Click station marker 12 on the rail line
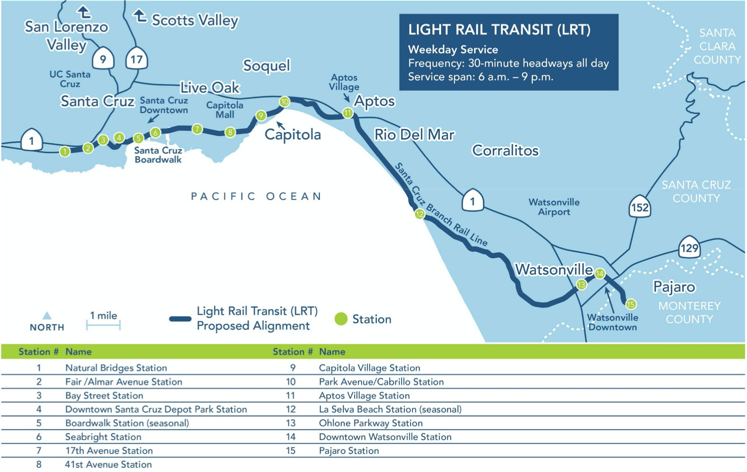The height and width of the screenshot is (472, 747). coord(419,214)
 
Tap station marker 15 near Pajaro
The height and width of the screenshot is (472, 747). coord(631,304)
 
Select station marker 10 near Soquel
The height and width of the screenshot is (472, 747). coord(284,102)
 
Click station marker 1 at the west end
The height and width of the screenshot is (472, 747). coord(65,151)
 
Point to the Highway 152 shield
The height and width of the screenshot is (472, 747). coord(639,207)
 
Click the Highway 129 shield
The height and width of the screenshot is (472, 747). coord(689,248)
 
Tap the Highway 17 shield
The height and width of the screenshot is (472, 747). coord(136,59)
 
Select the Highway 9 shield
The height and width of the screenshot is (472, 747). coord(103,59)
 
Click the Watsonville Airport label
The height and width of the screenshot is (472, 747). coord(554,207)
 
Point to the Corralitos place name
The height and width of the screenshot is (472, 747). coord(505,151)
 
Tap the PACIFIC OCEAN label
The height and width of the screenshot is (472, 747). coord(256,196)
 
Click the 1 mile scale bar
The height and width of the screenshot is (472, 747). coord(103,325)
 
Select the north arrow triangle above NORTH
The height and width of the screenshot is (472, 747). coord(47,316)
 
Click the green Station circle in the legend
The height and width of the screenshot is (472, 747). coord(341,319)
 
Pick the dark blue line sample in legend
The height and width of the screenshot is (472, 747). coord(180,319)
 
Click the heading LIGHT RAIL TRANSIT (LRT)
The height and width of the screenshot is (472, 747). coord(499,30)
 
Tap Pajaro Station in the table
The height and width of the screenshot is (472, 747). coord(349,451)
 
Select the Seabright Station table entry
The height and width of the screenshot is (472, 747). coord(103,437)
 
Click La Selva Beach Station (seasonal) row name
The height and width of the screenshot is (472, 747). coord(390,409)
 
